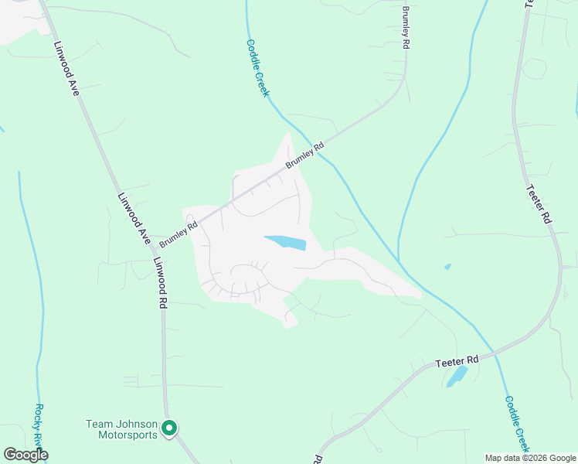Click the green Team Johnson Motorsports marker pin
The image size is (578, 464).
[x=169, y=427]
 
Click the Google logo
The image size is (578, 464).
[x=25, y=455]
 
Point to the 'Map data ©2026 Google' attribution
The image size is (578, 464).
[x=530, y=458]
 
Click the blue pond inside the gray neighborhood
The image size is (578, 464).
[x=286, y=243]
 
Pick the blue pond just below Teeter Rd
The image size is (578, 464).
[x=457, y=377]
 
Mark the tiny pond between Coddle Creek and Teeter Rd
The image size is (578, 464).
[x=447, y=267]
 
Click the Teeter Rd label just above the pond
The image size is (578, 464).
[x=457, y=360]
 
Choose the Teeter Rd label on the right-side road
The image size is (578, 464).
[x=539, y=204]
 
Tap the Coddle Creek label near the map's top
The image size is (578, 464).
[x=257, y=68]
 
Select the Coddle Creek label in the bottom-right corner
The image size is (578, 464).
[x=518, y=424]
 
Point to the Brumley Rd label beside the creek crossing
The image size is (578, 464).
[x=304, y=155]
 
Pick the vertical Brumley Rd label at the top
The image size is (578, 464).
[x=405, y=27]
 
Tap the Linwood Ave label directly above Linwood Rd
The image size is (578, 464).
[x=133, y=220]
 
